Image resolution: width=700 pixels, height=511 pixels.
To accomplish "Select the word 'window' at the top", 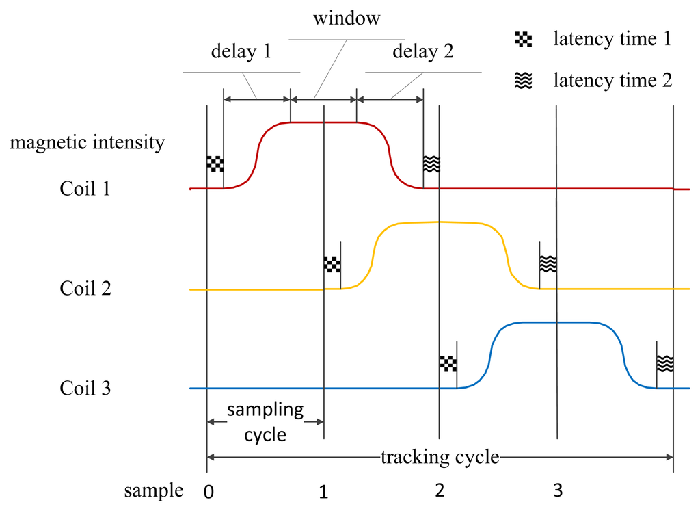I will (x=347, y=19).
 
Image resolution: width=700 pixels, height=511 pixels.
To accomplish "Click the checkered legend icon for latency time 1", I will (x=523, y=40).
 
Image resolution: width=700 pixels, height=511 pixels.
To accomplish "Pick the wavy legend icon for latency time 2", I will (x=523, y=81).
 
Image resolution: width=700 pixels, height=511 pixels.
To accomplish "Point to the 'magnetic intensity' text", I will (x=87, y=142).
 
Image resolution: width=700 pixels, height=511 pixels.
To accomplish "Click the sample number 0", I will (x=207, y=491).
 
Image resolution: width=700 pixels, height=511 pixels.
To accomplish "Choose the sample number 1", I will (x=324, y=491).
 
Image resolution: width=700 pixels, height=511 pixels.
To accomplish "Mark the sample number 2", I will (x=440, y=491).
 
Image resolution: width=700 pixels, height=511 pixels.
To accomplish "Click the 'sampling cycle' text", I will (x=265, y=421).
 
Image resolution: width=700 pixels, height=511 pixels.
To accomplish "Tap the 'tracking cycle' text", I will (x=440, y=456).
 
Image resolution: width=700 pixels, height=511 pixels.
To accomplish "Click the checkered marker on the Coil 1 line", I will (x=215, y=163).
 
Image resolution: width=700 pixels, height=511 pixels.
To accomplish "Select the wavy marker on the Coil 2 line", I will (x=548, y=263).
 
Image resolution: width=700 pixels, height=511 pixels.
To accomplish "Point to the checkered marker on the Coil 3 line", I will (x=447, y=363).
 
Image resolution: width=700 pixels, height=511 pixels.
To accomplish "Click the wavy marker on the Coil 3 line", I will (x=664, y=363).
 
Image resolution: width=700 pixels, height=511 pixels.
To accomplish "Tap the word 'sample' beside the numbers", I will (x=154, y=490).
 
